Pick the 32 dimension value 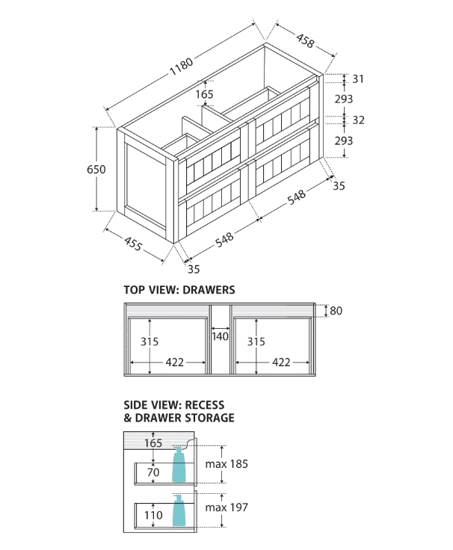pyautogui.click(x=358, y=120)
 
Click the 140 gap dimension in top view pyautogui.click(x=220, y=336)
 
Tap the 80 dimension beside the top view pyautogui.click(x=336, y=311)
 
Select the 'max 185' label pyautogui.click(x=226, y=464)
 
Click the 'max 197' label pyautogui.click(x=226, y=507)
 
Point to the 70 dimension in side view pyautogui.click(x=152, y=472)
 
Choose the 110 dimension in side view pyautogui.click(x=152, y=515)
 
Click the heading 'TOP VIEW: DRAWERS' pyautogui.click(x=179, y=289)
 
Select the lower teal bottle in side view pyautogui.click(x=179, y=511)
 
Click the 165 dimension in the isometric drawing pyautogui.click(x=204, y=94)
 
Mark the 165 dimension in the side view pyautogui.click(x=152, y=443)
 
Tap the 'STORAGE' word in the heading pyautogui.click(x=210, y=418)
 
